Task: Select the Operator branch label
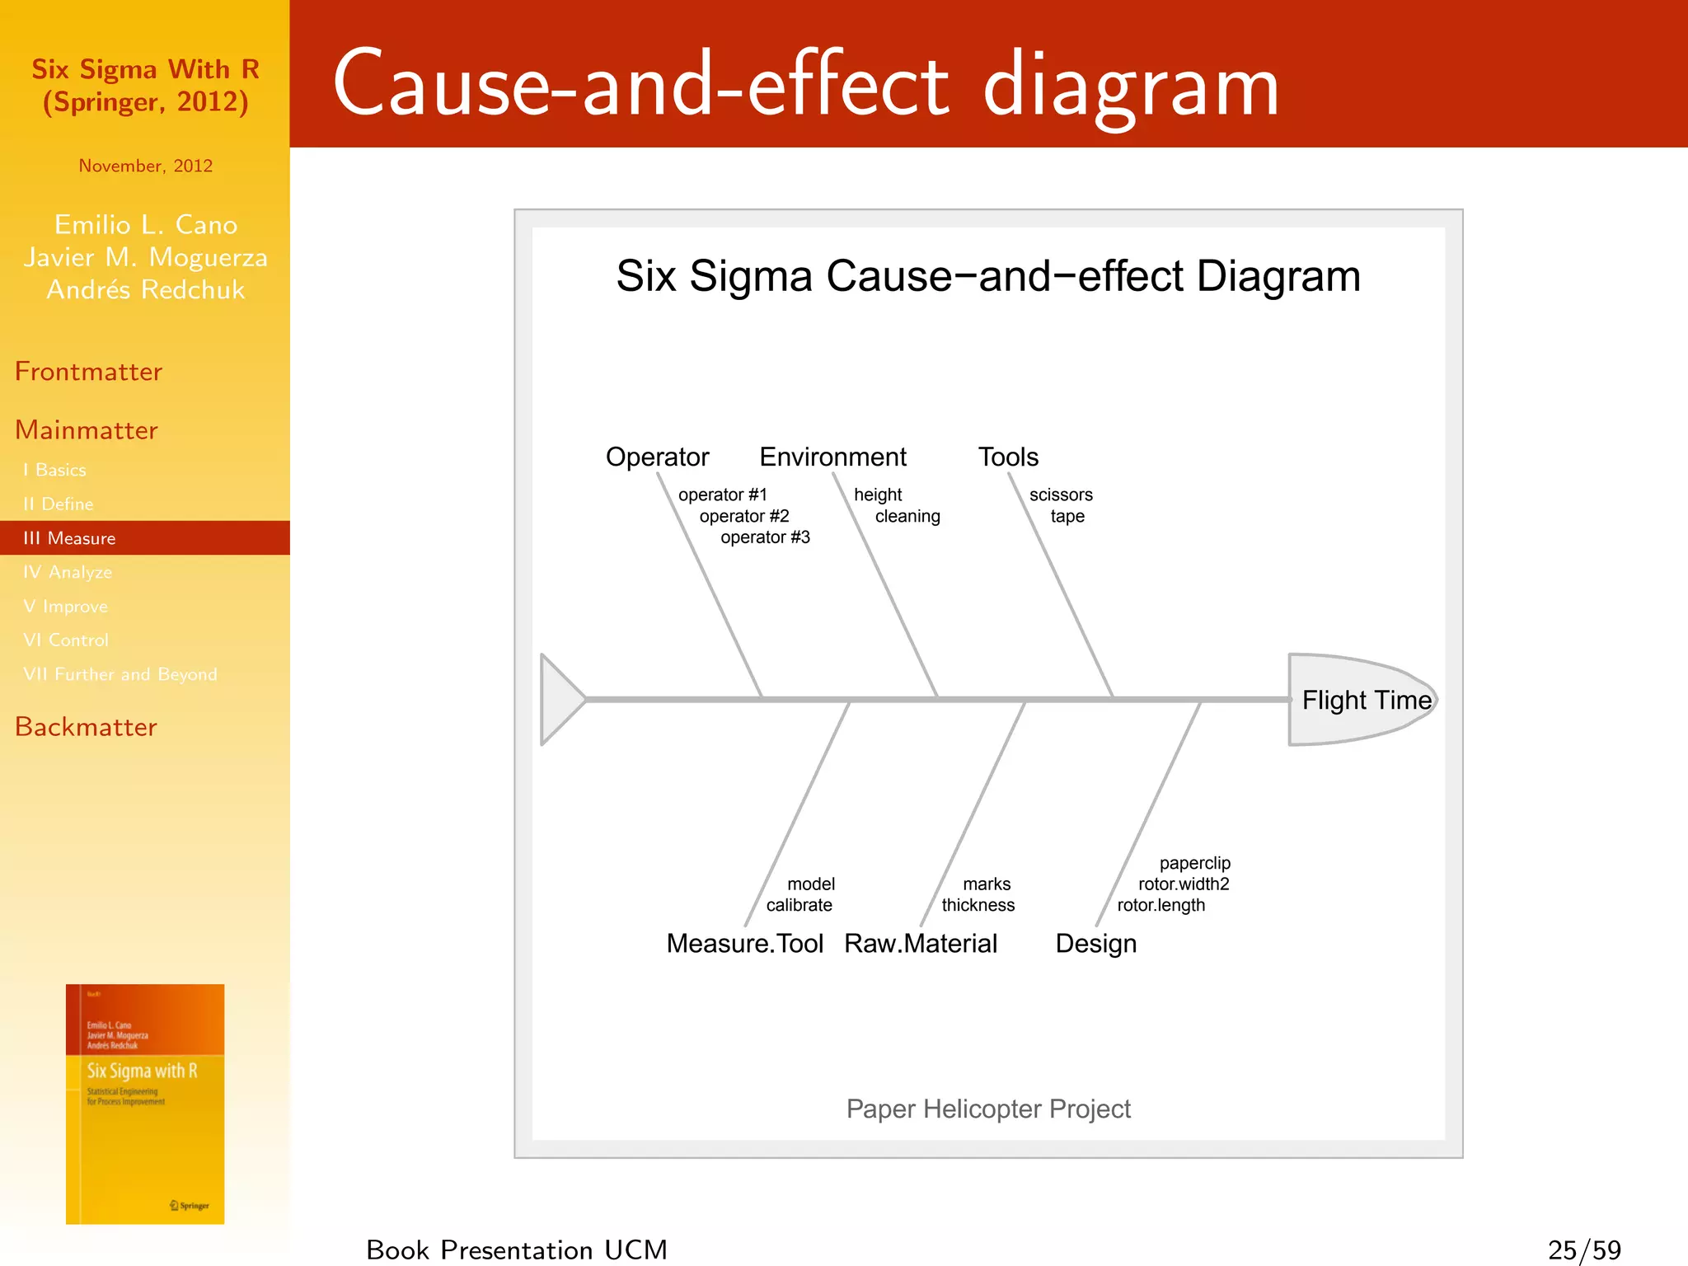(x=657, y=457)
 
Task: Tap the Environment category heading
(x=832, y=457)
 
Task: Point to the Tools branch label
(x=1008, y=457)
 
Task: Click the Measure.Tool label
(x=744, y=943)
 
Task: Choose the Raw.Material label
(x=921, y=943)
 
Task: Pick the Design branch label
(x=1095, y=943)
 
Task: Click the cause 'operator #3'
(x=765, y=537)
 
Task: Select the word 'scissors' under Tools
(x=1061, y=495)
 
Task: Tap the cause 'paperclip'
(x=1194, y=863)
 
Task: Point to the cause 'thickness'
(x=978, y=905)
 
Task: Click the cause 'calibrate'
(x=799, y=905)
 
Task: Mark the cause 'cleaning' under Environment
(x=907, y=516)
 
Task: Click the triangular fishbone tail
(x=559, y=700)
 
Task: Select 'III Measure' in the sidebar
(x=70, y=538)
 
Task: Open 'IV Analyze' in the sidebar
(x=68, y=572)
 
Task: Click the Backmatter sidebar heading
(x=86, y=727)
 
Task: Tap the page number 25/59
(x=1584, y=1250)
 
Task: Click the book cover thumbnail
(x=145, y=1104)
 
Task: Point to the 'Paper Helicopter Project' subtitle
(x=988, y=1109)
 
